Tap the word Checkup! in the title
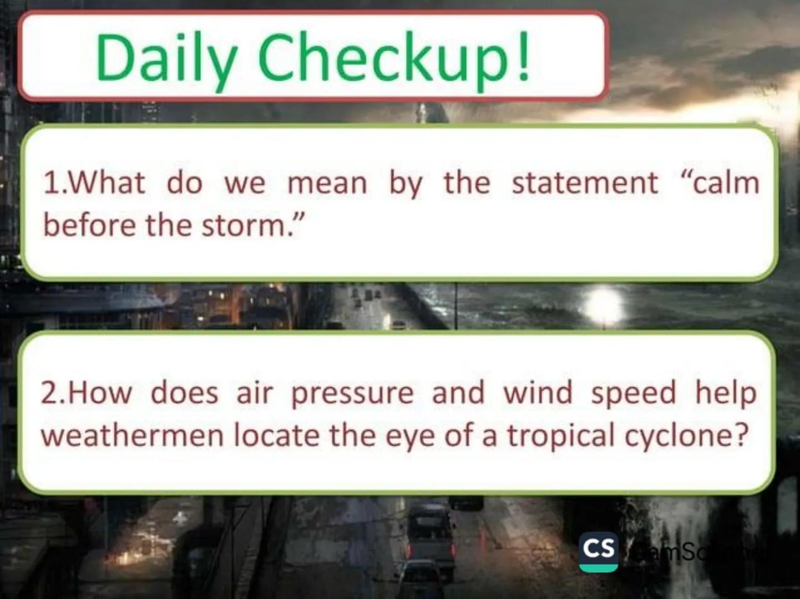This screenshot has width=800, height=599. tap(394, 58)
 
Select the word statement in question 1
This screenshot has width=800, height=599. tap(585, 183)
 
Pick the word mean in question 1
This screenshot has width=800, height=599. tap(327, 183)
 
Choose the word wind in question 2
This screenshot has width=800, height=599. tap(538, 393)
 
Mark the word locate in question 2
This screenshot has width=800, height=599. tap(276, 436)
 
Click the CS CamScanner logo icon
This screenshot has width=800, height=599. tap(598, 551)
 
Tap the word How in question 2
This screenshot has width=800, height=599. tap(100, 393)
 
